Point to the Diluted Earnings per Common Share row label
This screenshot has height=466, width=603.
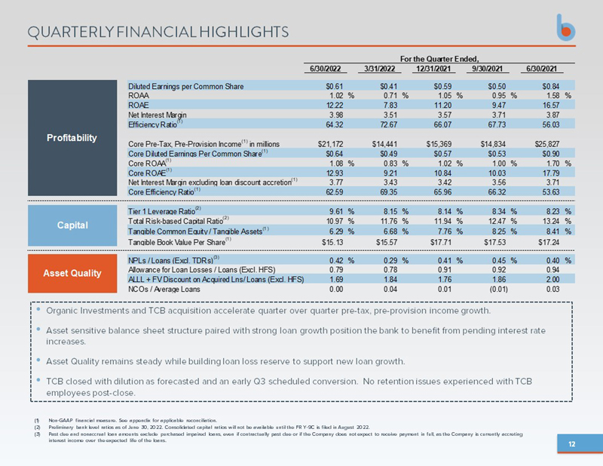[x=185, y=87]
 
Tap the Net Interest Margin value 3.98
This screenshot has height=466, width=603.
[x=332, y=115]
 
